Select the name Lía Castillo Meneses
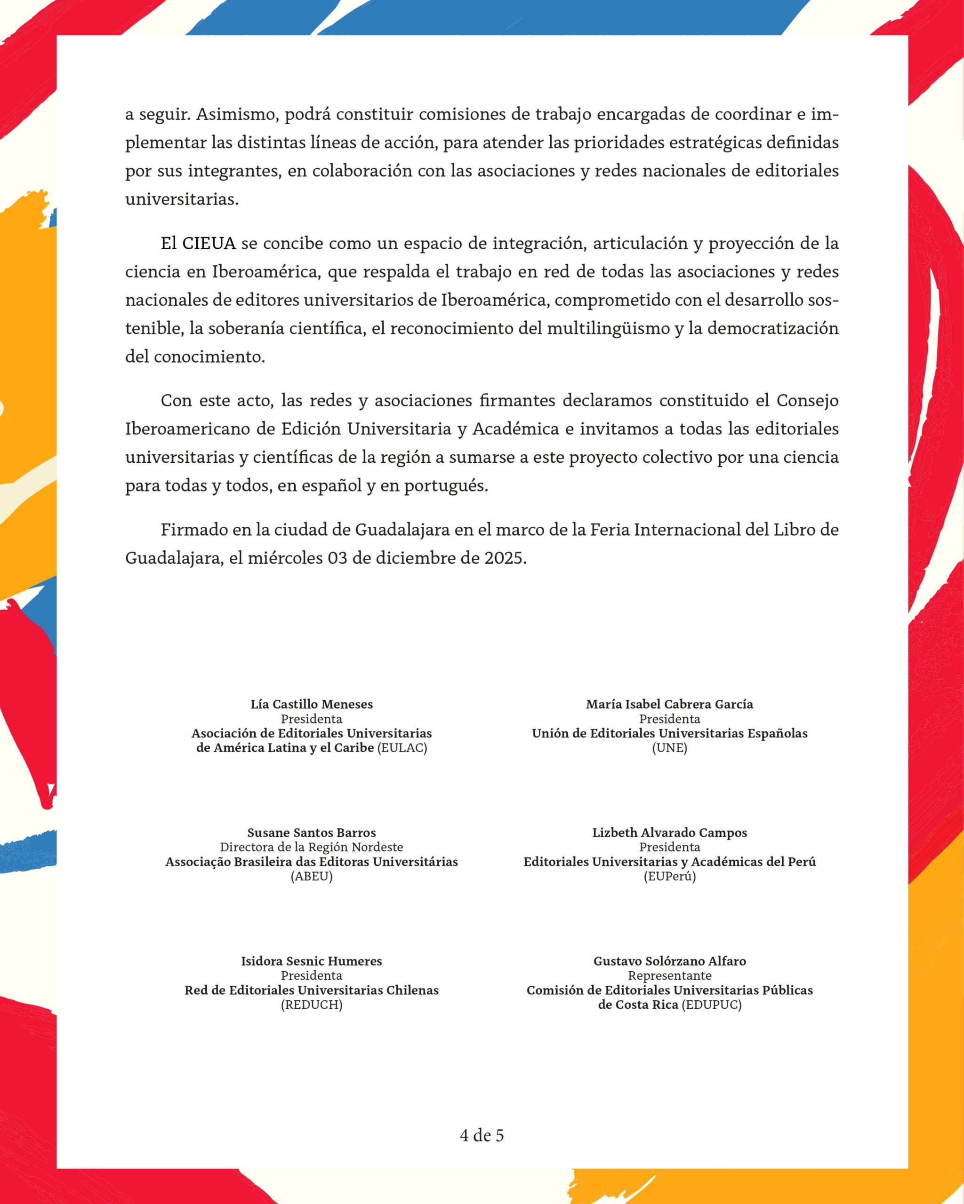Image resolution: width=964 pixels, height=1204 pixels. point(311,704)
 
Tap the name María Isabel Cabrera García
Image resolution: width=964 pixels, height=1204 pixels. point(669,704)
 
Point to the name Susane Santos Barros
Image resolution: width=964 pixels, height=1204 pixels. point(311,832)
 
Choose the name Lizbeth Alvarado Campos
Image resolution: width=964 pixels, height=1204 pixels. point(669,832)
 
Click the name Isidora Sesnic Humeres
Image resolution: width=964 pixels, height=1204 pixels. point(311,961)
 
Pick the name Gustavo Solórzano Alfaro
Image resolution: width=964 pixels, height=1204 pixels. point(669,961)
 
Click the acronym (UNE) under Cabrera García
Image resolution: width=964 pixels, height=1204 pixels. point(669,748)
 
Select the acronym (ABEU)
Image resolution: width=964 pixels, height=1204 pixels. point(311,877)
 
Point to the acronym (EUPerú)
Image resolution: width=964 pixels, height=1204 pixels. point(669,877)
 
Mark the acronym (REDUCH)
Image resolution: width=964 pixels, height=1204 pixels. point(311,1005)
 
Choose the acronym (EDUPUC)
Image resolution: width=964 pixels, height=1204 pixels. point(711,1005)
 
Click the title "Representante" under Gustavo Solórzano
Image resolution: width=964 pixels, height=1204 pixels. point(669,975)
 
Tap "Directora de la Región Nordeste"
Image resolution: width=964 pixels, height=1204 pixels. point(311,847)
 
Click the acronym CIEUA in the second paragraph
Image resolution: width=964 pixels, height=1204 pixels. point(209,244)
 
